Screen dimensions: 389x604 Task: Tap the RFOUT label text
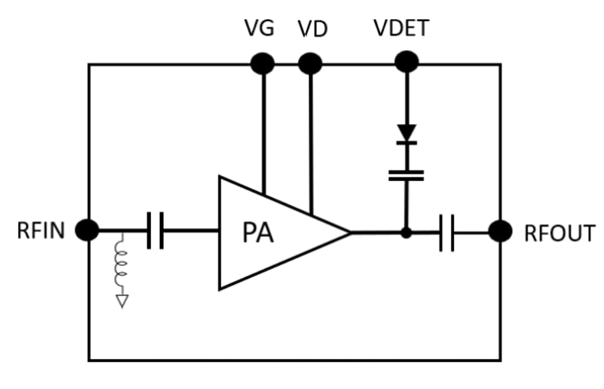pos(559,233)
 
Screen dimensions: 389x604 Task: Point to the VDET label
pos(402,29)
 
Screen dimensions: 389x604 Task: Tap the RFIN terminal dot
pos(88,230)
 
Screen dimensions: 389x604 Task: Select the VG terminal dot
pos(262,64)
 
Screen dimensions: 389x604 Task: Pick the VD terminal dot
pos(310,64)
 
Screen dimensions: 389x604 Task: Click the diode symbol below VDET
pos(407,134)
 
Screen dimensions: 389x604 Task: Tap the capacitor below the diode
pos(406,175)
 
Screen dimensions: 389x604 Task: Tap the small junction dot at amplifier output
pos(406,233)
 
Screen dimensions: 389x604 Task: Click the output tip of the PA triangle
pos(350,233)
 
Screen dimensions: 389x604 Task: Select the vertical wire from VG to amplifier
pos(263,128)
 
